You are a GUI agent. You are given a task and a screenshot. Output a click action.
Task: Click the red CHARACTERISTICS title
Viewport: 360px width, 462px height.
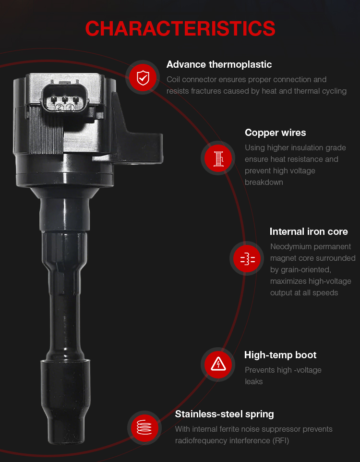(x=180, y=29)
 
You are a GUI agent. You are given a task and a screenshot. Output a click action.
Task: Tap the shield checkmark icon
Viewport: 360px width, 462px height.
(x=143, y=78)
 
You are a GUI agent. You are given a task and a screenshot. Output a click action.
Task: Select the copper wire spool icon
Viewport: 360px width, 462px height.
(x=218, y=158)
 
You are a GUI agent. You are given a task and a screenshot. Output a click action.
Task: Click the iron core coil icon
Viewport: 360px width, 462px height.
(x=248, y=259)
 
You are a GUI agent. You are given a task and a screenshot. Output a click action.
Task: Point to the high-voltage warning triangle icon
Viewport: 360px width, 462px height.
(x=218, y=364)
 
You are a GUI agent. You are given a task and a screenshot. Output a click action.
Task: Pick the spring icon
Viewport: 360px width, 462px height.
(x=144, y=427)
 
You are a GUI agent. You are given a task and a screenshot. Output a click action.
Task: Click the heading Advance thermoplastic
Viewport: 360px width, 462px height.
(x=219, y=64)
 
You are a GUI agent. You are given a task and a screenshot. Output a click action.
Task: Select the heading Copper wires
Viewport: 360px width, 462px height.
(x=275, y=133)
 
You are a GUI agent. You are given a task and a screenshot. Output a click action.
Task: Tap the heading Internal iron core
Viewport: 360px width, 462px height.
(x=309, y=231)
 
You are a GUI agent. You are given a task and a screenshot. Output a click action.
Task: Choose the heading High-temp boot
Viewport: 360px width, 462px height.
(x=280, y=355)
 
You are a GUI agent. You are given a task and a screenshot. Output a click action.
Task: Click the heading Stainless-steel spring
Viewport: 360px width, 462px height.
(x=224, y=414)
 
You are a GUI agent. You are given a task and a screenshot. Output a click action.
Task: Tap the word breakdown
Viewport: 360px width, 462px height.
(x=264, y=182)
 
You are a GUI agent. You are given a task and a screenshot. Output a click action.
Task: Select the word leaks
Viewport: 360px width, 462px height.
(x=253, y=382)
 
